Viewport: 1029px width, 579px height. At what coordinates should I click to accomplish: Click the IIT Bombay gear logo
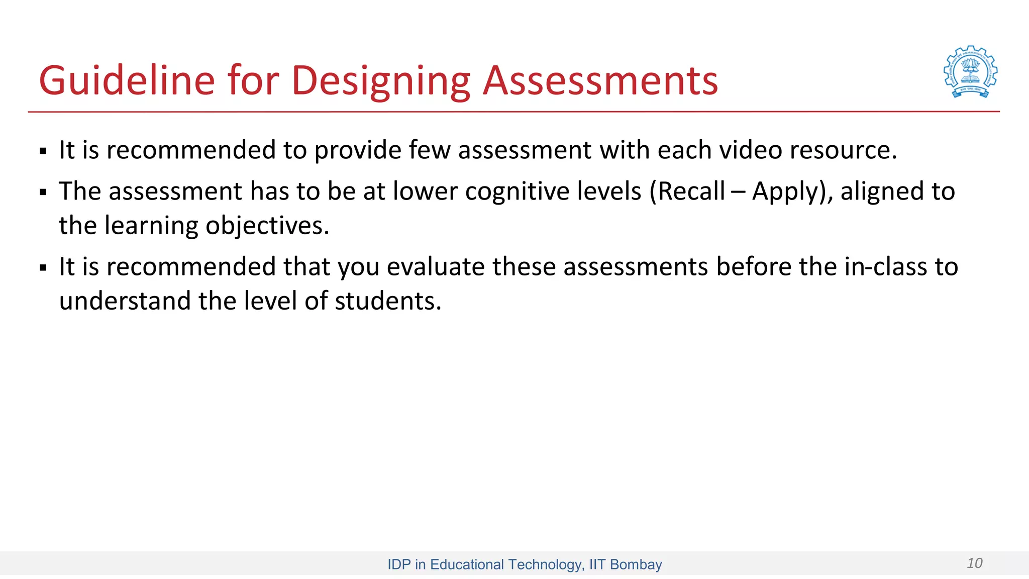[970, 72]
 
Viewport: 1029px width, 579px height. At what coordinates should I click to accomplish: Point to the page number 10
[974, 563]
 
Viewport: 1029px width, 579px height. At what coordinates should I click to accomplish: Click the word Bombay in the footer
[636, 564]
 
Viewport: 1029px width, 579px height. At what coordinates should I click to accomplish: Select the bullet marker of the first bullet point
[43, 151]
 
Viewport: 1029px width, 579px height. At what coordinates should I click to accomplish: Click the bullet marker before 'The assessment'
[43, 192]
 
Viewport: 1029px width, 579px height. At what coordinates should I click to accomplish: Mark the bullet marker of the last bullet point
[43, 267]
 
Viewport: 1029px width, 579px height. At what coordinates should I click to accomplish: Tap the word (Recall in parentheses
[687, 191]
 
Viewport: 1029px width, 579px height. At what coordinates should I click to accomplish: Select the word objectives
[267, 225]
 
